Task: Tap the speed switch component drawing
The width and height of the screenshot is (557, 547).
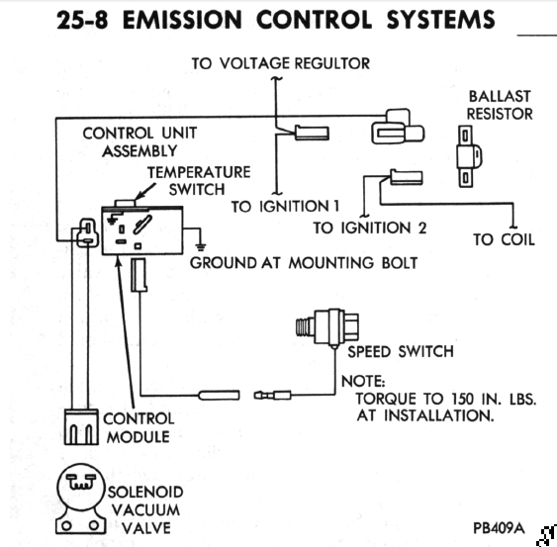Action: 327,326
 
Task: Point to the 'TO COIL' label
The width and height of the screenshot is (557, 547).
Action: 504,239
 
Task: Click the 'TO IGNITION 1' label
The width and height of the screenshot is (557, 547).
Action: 285,207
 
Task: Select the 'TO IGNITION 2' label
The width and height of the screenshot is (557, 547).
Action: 369,228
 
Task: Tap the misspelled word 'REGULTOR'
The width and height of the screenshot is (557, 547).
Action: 332,63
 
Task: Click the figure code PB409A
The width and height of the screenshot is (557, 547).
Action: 499,528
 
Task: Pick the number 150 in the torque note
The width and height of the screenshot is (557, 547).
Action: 462,399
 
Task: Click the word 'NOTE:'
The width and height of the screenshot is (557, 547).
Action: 363,382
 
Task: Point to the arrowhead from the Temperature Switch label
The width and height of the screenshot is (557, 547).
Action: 139,196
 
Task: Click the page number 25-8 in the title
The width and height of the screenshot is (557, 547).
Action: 82,20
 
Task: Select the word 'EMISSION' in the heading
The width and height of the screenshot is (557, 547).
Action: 182,20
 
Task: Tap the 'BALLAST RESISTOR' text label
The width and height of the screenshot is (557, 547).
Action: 500,105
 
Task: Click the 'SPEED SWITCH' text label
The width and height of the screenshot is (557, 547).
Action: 401,352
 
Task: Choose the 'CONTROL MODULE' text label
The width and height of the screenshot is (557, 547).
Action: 139,428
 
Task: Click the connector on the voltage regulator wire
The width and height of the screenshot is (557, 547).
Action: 312,133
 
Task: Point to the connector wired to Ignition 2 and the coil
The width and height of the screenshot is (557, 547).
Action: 407,177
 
